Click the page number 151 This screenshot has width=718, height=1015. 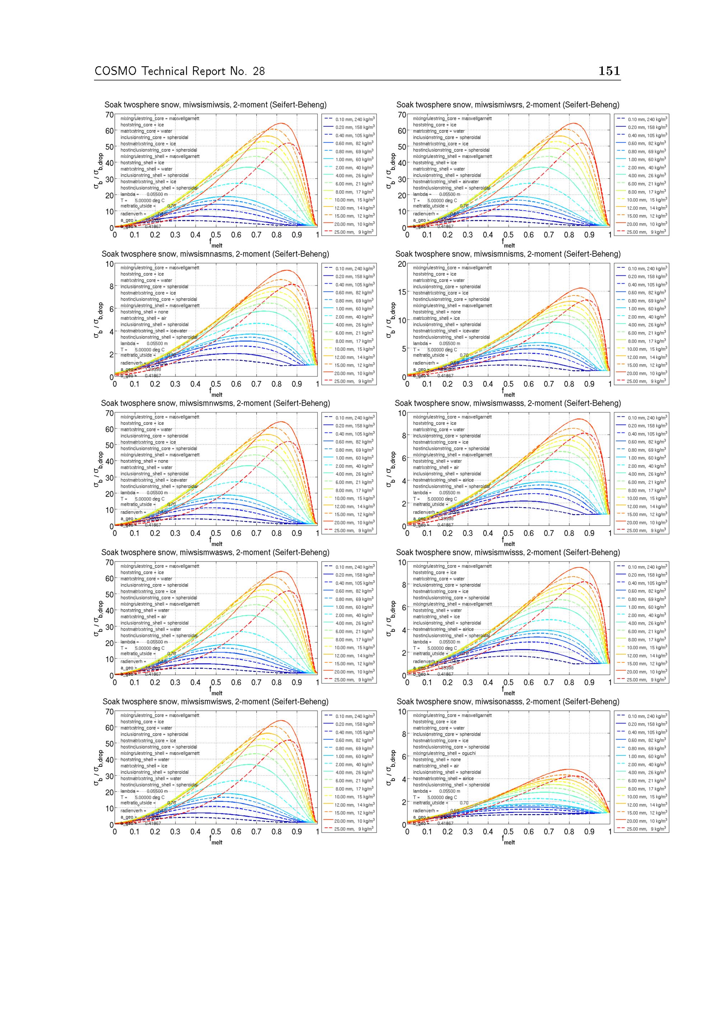(x=609, y=71)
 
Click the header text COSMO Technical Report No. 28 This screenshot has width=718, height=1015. (x=179, y=71)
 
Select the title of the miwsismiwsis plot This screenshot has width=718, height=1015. (x=215, y=105)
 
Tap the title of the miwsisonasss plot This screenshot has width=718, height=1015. (x=508, y=702)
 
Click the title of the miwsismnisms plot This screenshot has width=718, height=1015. (x=508, y=254)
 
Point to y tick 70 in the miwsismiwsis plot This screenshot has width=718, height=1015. (x=109, y=115)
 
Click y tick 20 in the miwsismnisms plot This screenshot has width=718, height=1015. (x=401, y=264)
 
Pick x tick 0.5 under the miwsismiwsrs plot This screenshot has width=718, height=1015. (x=508, y=235)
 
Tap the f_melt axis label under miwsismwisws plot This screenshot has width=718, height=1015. (x=216, y=841)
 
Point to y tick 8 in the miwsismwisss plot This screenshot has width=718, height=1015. (x=403, y=585)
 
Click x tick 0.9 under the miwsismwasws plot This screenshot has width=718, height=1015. (x=297, y=683)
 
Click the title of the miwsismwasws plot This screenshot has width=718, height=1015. (x=215, y=553)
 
